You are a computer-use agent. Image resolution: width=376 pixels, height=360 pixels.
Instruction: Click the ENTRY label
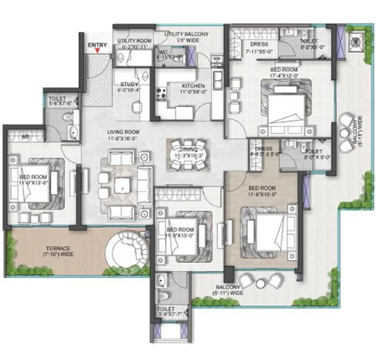tap(98, 45)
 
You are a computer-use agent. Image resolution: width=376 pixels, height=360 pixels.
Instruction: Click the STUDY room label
tap(129, 86)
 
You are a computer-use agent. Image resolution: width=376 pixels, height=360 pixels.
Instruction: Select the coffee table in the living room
tap(123, 185)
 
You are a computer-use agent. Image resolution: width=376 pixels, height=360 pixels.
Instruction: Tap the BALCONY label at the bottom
tap(229, 290)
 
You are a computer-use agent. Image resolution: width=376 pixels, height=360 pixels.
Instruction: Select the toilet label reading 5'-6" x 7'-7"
tap(165, 311)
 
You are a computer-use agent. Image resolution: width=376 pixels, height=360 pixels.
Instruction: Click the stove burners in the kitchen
tap(164, 96)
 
